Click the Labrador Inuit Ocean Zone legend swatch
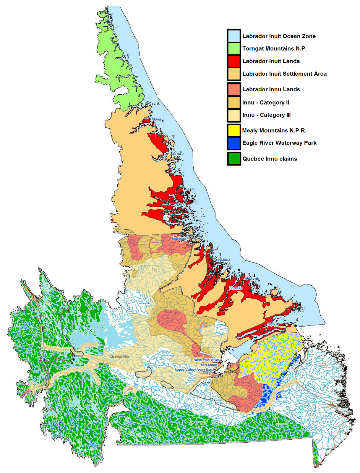(x=234, y=36)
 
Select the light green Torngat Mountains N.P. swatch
(x=234, y=49)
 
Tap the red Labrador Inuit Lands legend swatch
(x=234, y=61)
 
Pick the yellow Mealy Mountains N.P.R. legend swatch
(x=234, y=130)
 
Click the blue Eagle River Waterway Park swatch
(x=234, y=143)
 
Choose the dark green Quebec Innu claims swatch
(x=234, y=159)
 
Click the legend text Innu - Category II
(x=265, y=103)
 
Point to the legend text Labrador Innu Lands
(x=271, y=89)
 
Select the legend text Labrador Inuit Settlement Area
(x=284, y=74)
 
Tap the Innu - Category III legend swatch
(x=234, y=115)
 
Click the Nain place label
(x=179, y=204)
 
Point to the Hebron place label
(x=155, y=119)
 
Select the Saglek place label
(x=155, y=103)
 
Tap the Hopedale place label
(x=223, y=260)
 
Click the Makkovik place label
(x=252, y=278)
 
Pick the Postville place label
(x=236, y=288)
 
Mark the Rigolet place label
(x=273, y=324)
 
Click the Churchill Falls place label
(x=119, y=357)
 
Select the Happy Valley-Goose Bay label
(x=193, y=370)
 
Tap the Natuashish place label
(x=180, y=238)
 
